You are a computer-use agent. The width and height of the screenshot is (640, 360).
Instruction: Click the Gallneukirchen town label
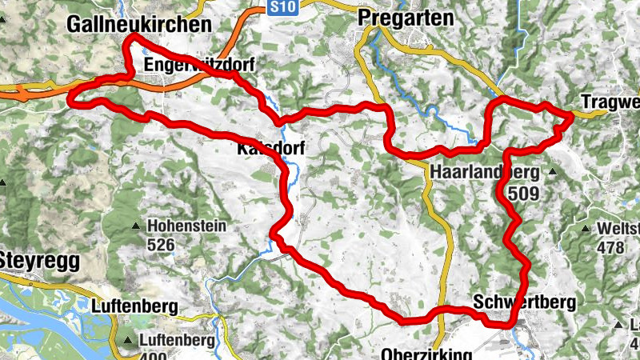[x=139, y=25]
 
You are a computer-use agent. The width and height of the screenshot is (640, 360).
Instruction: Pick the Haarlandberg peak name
[x=486, y=172]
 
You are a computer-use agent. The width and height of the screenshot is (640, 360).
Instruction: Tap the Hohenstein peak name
[x=187, y=226]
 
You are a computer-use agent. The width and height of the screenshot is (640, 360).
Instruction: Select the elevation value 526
[x=161, y=245]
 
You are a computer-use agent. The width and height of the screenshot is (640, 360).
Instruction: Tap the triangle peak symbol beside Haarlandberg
[x=553, y=171]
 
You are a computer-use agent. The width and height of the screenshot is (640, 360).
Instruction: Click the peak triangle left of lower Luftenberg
[x=128, y=341]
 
